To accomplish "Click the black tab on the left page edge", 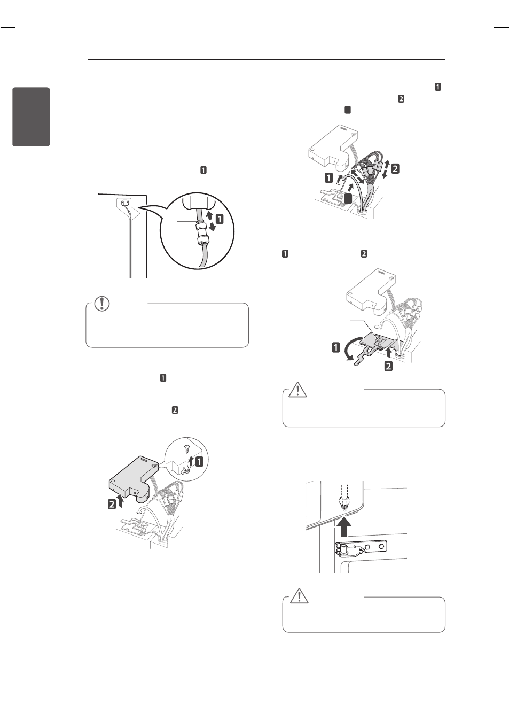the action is coord(31,117).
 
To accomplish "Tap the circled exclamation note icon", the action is coord(101,304).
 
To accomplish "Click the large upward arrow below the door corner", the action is coord(344,525).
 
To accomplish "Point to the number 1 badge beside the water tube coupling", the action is coord(218,219).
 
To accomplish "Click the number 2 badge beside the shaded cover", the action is coord(112,503).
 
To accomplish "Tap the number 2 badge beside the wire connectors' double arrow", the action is coord(395,168).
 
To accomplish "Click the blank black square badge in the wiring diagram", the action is coord(347,198).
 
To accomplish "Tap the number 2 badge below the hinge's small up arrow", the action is coord(389,366).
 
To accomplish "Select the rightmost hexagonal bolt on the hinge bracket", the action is coord(381,547).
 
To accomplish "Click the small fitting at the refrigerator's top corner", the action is coord(124,203).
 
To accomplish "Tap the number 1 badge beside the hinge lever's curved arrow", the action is coord(336,347).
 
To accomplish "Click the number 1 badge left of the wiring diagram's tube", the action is coord(329,177).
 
